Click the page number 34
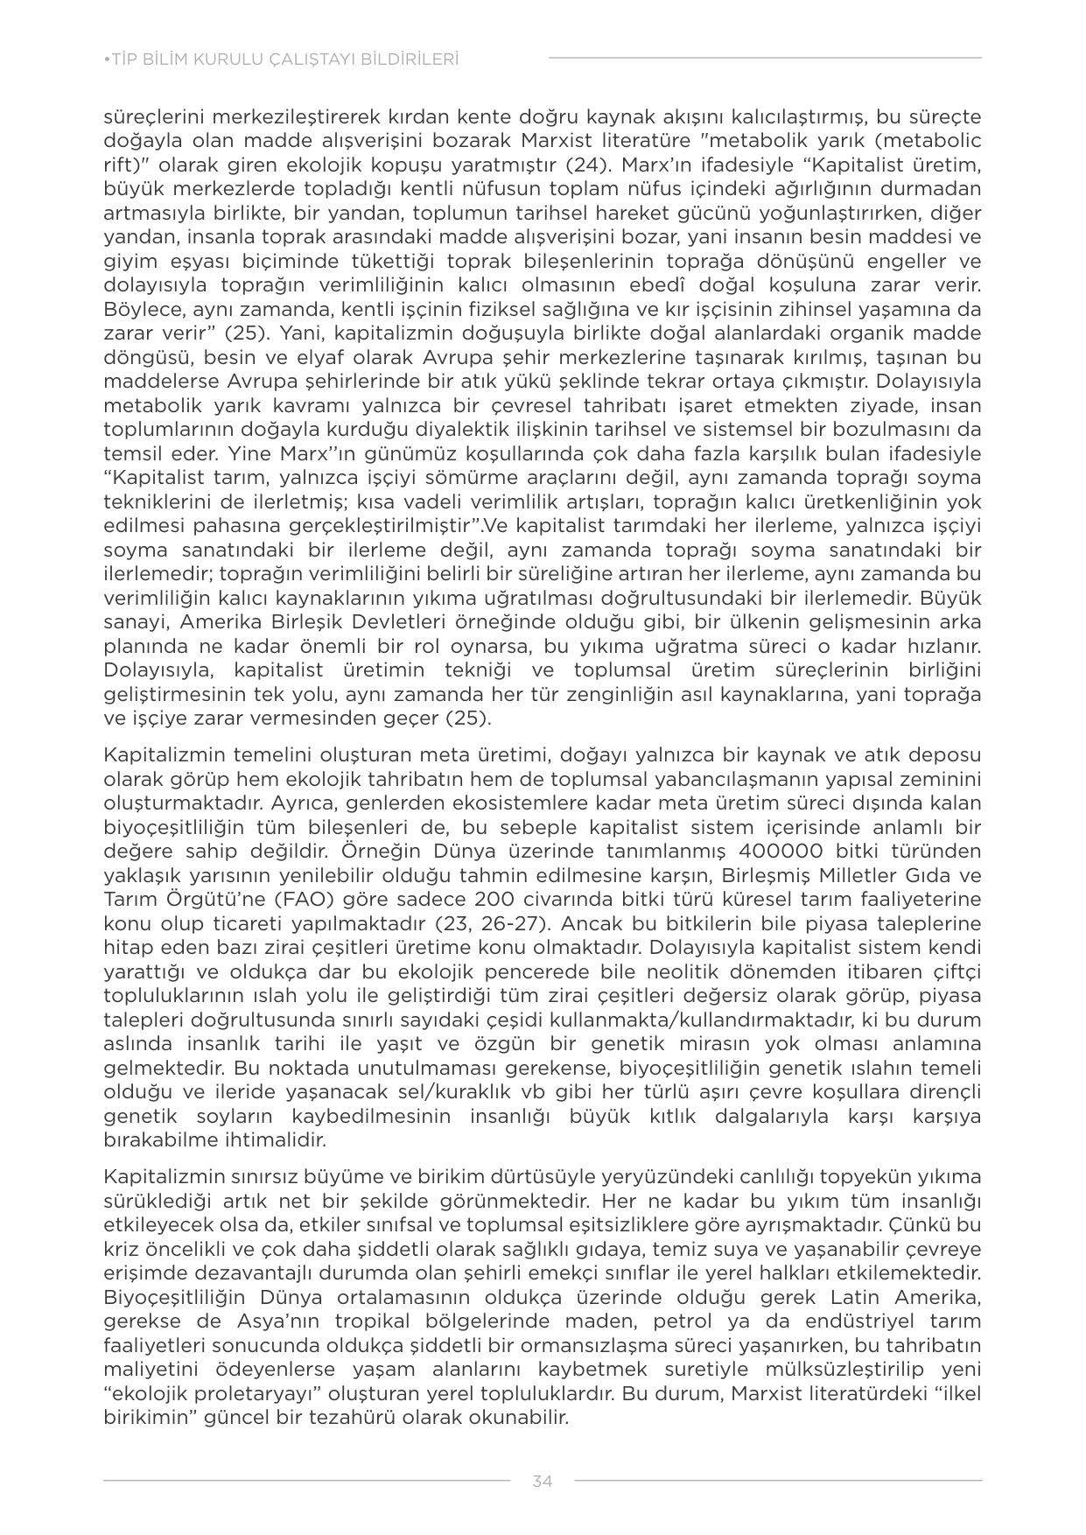(542, 1481)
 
